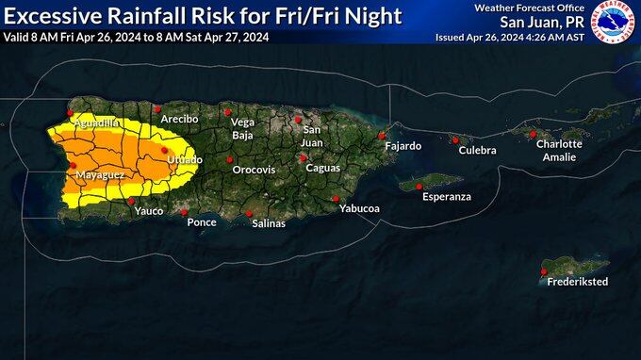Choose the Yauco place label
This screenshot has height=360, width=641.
coord(149,211)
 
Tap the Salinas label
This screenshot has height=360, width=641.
coord(269,223)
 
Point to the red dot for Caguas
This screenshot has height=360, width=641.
coord(303,157)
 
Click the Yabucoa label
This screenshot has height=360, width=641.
coord(358,208)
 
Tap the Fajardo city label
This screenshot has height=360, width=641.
coord(402,146)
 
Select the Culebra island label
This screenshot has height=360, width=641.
coord(477,151)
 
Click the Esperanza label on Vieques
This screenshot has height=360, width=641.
coord(446,197)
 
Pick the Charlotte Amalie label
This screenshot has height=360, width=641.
coord(559,150)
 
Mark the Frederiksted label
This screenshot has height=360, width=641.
coord(578,282)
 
